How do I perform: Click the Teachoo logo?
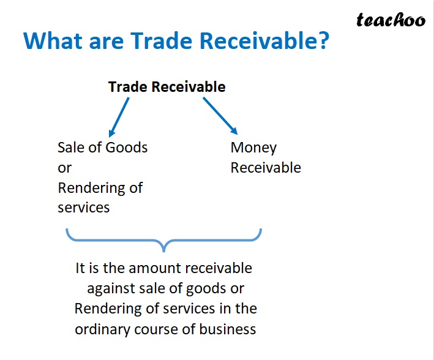click(x=391, y=21)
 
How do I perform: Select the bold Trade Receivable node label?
click(x=166, y=87)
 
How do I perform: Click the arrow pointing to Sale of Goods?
click(x=119, y=117)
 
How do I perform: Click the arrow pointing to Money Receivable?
click(x=220, y=116)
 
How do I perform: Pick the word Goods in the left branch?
click(x=127, y=148)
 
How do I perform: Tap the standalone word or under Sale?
click(x=64, y=168)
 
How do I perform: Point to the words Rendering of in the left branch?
click(x=100, y=187)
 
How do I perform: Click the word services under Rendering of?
click(x=84, y=208)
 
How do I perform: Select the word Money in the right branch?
click(x=253, y=148)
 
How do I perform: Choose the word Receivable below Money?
click(x=266, y=168)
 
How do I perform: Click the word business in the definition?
click(x=226, y=329)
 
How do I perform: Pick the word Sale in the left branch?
click(x=71, y=148)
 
